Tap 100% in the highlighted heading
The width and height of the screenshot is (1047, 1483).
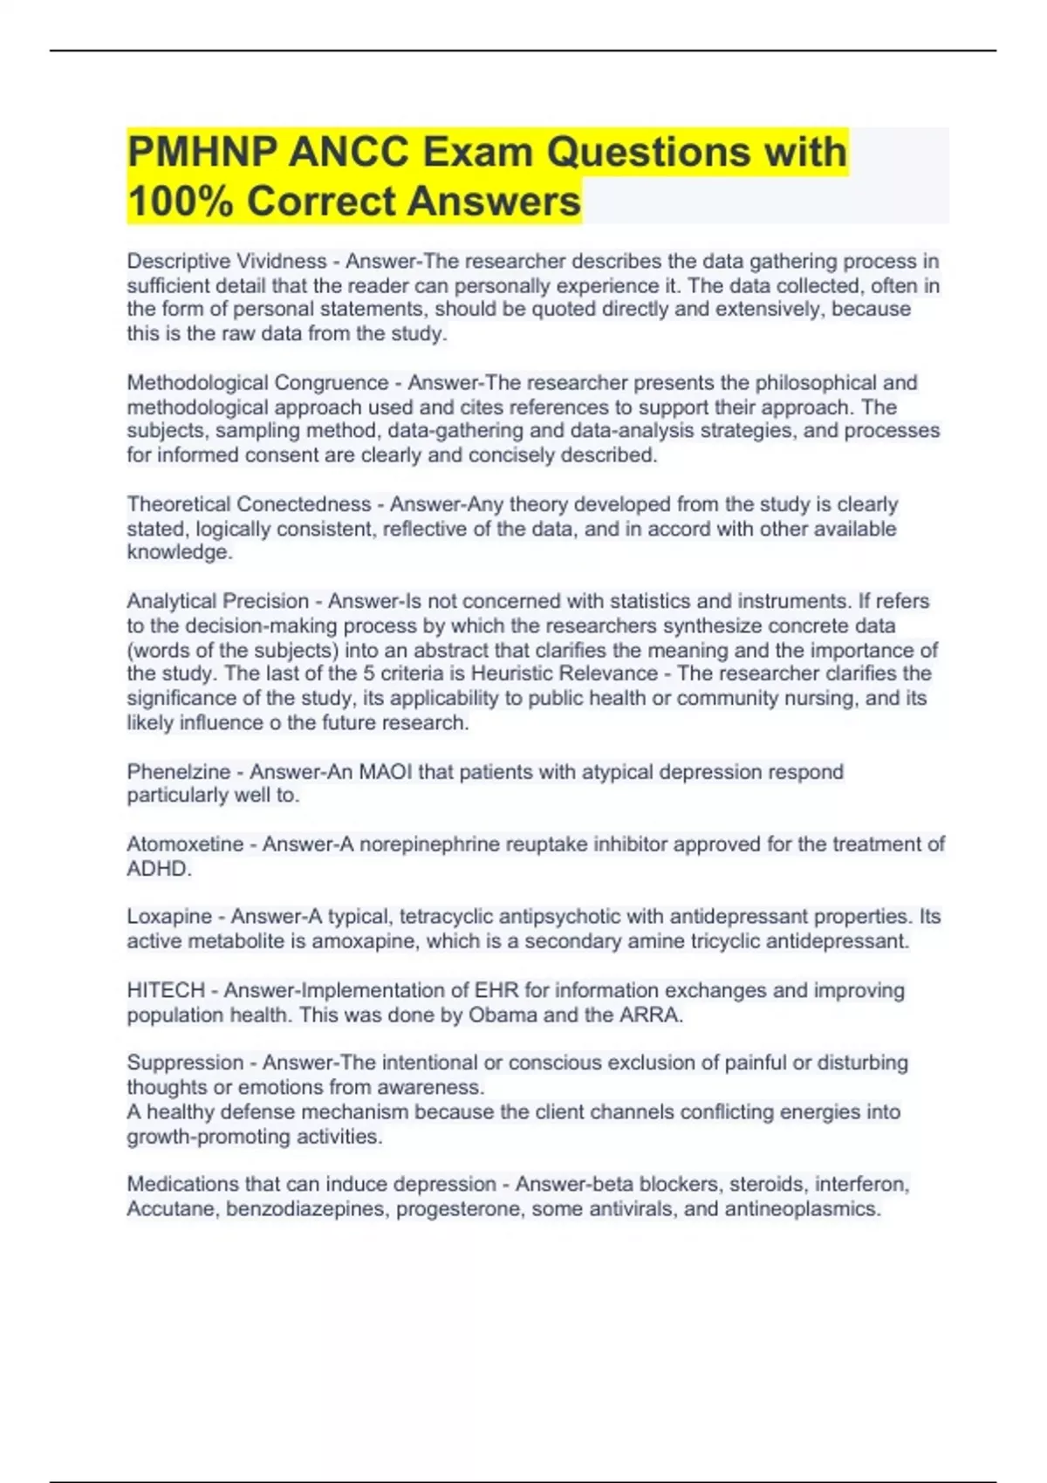(x=181, y=202)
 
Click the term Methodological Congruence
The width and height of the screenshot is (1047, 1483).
(x=258, y=383)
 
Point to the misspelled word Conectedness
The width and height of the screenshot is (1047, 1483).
(x=304, y=504)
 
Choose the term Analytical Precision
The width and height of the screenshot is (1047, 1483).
(x=218, y=601)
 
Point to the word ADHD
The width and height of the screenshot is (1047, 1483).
(x=159, y=869)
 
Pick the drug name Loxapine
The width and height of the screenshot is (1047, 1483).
(x=169, y=917)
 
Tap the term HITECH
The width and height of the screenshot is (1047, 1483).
(x=166, y=990)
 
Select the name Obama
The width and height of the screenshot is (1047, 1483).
(x=503, y=1015)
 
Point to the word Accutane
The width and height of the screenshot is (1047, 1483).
(x=171, y=1209)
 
